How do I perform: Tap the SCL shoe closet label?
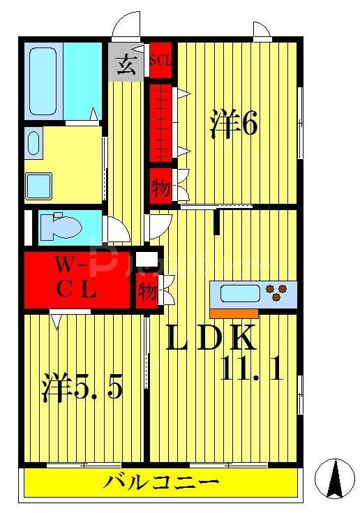[161, 61]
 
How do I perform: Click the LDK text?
[209, 339]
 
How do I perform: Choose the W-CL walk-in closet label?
[76, 277]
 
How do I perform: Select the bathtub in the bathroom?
[43, 80]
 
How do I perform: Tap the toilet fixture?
[59, 225]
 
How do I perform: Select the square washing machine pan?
[39, 186]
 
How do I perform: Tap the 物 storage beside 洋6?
[160, 187]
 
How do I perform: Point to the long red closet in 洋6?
[161, 123]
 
